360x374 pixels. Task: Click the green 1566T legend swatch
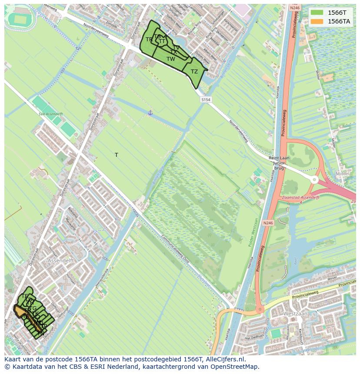coord(317,12)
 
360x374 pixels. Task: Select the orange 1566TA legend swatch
coord(317,21)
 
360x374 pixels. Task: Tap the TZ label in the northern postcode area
coord(194,72)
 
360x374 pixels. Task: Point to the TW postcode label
coord(171,59)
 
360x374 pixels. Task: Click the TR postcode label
coord(149,40)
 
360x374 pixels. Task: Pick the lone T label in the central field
coord(117,155)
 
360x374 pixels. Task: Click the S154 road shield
coord(206,99)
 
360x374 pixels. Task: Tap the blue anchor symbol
coord(150,113)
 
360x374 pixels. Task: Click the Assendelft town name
coord(60,261)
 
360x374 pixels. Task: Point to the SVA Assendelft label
coord(50,114)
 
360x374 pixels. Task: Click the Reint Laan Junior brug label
coord(279,163)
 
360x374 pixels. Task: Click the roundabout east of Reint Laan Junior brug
coord(315,179)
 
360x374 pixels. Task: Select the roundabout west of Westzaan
coord(260,310)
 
